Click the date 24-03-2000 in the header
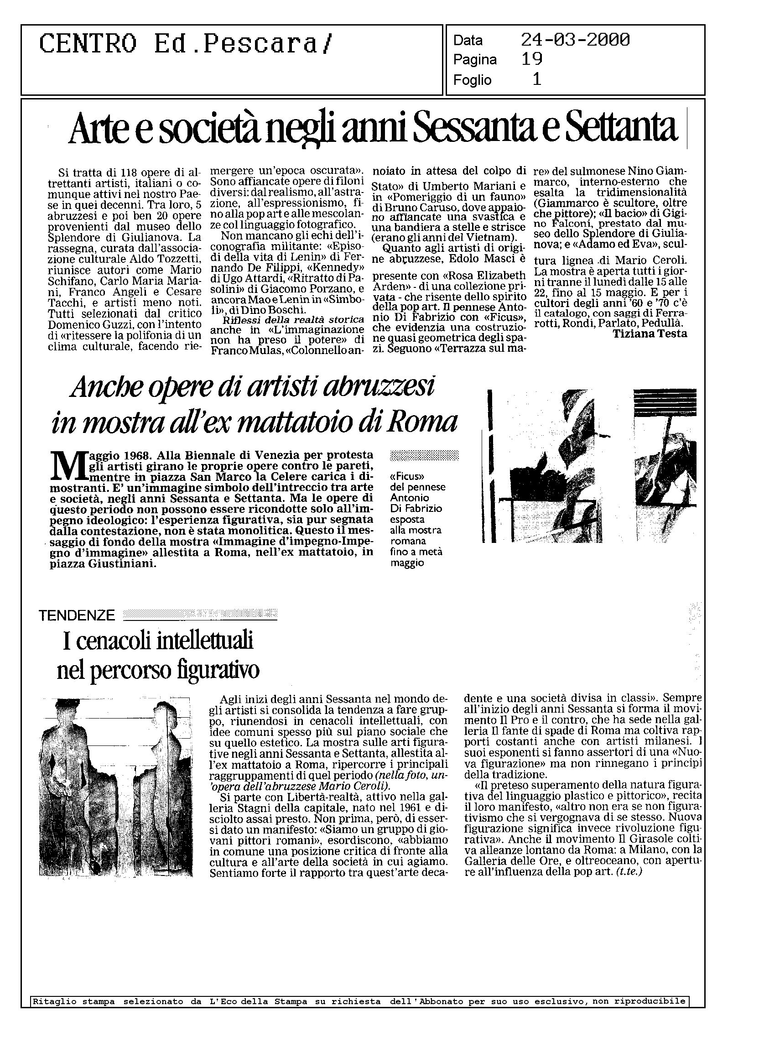click(575, 40)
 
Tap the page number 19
click(532, 59)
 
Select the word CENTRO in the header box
click(88, 45)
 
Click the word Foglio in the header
click(472, 80)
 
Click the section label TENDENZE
click(77, 615)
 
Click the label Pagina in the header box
click(474, 60)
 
